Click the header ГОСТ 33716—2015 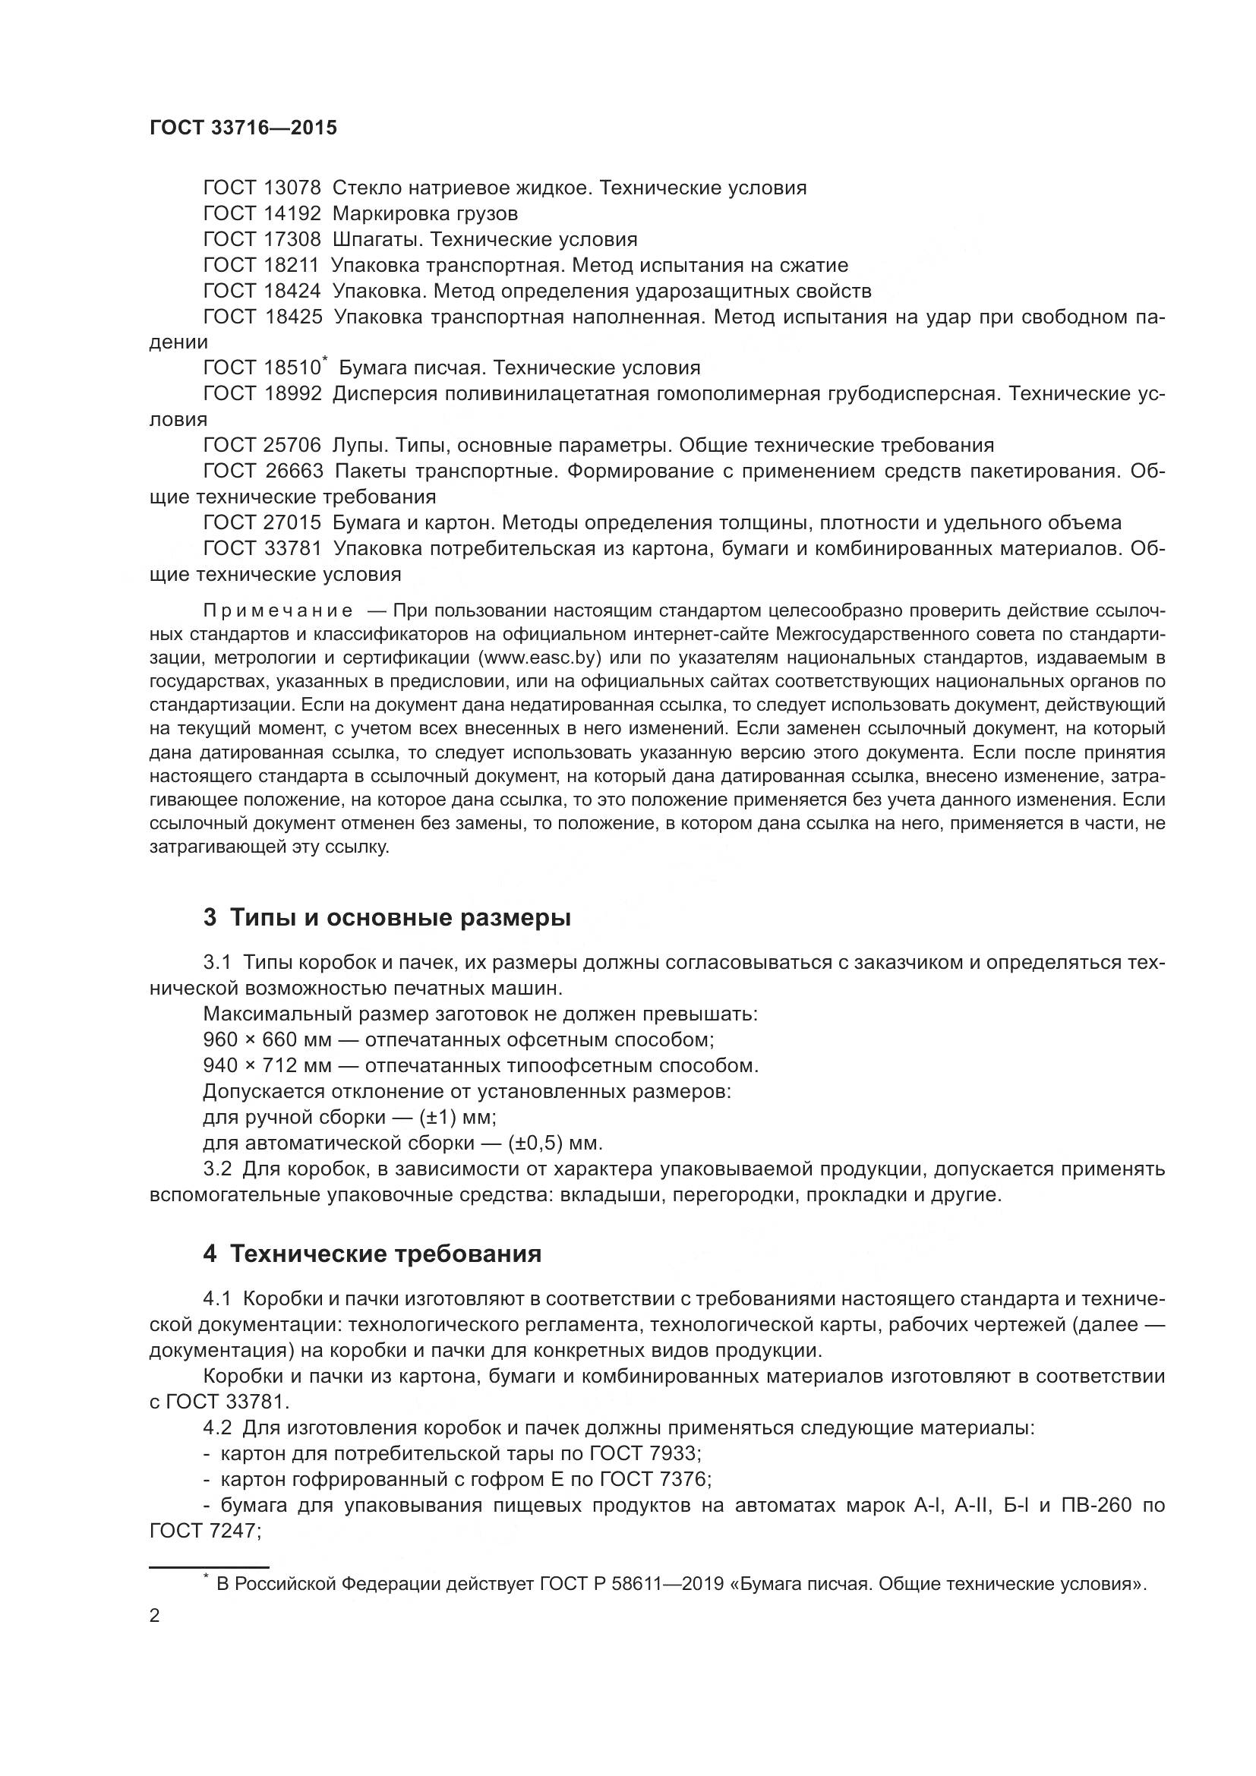click(x=243, y=128)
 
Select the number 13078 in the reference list click(x=292, y=188)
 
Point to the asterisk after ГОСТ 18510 click(x=325, y=360)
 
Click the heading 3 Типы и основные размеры click(x=387, y=918)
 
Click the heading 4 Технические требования click(x=372, y=1254)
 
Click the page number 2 click(x=155, y=1617)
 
